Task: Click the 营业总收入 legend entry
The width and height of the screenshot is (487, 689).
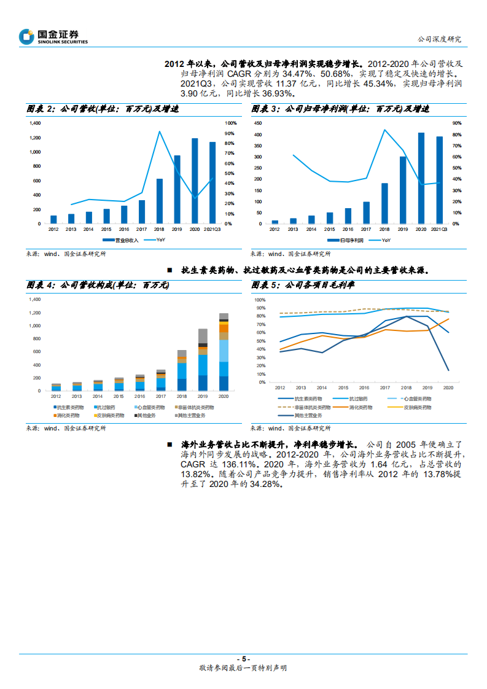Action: pos(127,240)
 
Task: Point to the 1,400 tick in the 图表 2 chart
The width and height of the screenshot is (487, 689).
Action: pos(35,123)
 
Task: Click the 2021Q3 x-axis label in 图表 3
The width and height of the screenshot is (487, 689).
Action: pos(439,228)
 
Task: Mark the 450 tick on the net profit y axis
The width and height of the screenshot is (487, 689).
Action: pos(259,123)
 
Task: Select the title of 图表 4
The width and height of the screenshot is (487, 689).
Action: pos(98,286)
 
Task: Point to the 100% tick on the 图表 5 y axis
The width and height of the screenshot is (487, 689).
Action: pos(260,300)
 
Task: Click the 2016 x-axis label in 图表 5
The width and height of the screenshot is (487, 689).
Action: pos(364,388)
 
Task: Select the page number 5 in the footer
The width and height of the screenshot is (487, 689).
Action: pos(243,658)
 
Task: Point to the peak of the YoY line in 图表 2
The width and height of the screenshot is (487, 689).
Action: pos(159,131)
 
